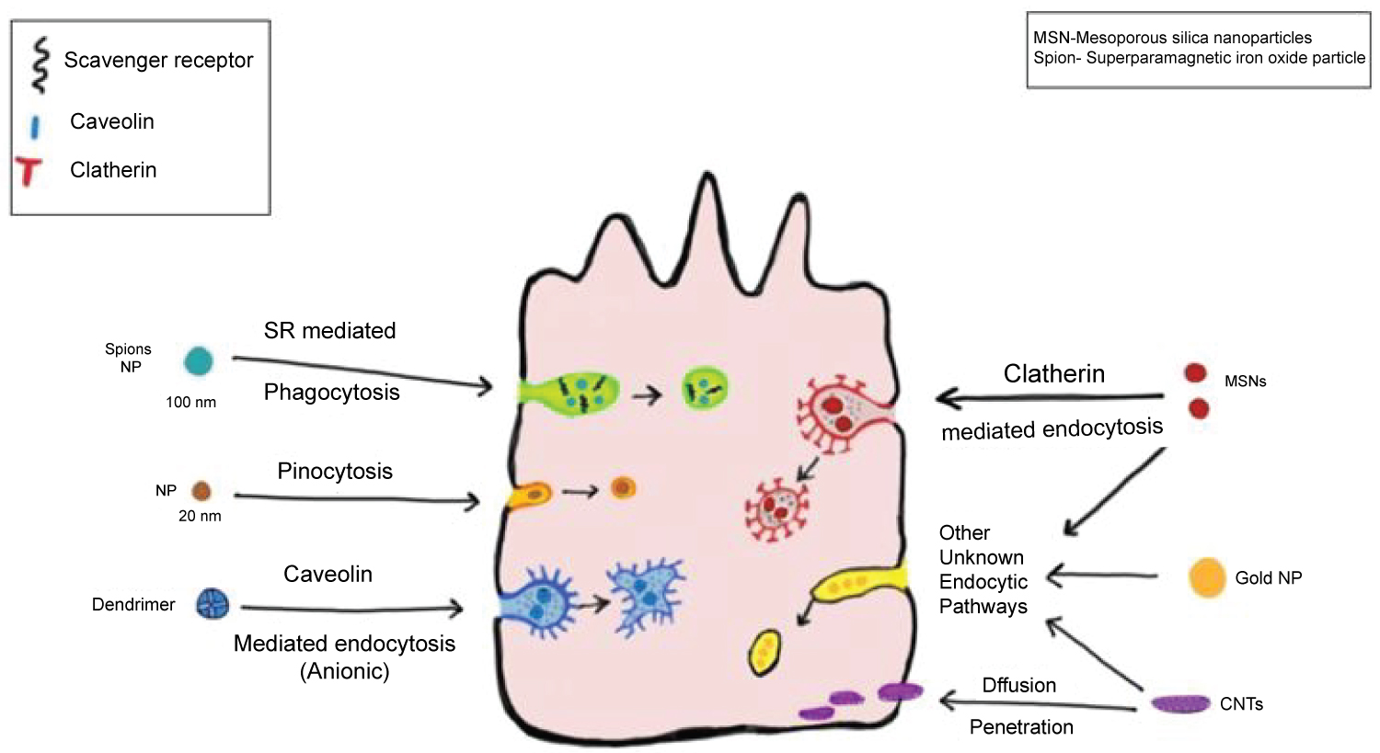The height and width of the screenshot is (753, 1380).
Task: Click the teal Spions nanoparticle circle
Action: [x=198, y=361]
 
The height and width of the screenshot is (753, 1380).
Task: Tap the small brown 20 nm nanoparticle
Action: [x=201, y=491]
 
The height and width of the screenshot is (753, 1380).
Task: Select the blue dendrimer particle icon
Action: [x=212, y=604]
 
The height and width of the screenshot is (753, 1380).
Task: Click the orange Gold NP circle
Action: [x=1207, y=578]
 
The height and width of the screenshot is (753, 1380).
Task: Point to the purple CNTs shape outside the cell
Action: [x=1180, y=704]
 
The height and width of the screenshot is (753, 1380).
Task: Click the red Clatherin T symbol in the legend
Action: [x=29, y=171]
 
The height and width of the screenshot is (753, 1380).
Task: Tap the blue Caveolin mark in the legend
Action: [x=35, y=125]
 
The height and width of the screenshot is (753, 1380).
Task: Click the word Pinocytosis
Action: [x=335, y=472]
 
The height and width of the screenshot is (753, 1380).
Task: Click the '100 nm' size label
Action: [x=190, y=403]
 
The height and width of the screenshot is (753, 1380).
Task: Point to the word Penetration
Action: [x=1021, y=727]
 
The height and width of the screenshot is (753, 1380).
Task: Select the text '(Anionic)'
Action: [x=345, y=672]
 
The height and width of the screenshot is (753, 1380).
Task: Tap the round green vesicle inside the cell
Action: [x=705, y=390]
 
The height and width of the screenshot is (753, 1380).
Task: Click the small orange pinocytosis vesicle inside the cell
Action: [x=623, y=487]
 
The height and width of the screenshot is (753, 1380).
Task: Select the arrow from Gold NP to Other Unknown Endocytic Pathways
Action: [x=1102, y=576]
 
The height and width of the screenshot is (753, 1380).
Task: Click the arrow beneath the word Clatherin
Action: [x=1049, y=398]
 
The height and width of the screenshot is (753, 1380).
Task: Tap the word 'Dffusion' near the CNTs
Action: [x=1018, y=686]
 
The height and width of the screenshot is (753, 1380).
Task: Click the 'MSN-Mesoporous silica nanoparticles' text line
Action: [x=1172, y=38]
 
